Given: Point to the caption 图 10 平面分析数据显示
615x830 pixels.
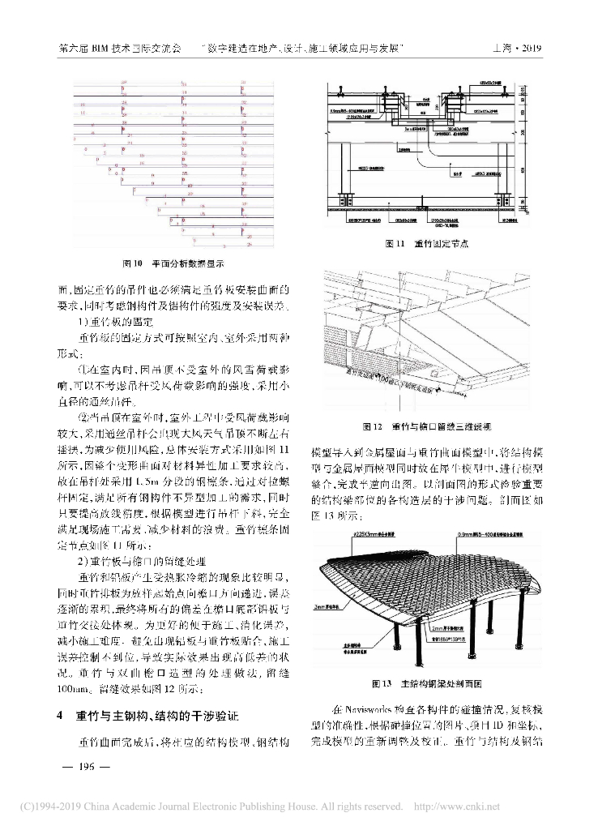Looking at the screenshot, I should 172,263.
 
